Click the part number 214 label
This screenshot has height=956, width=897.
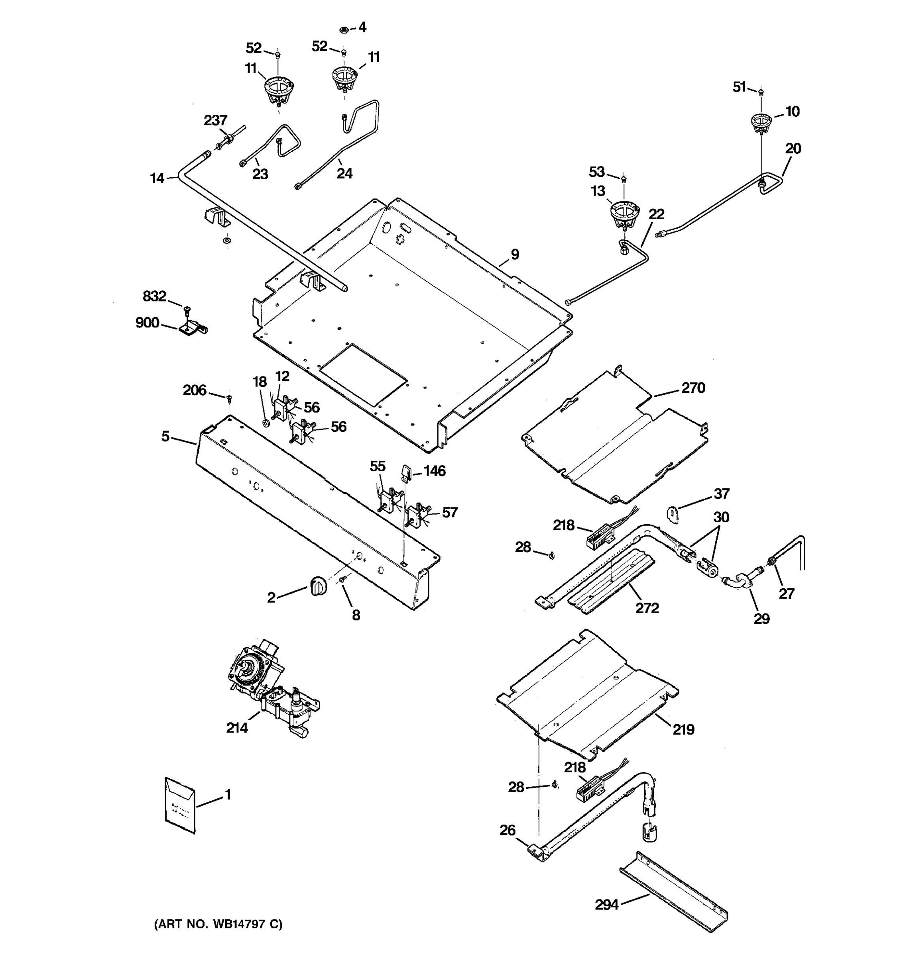tap(237, 728)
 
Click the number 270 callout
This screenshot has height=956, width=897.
tap(693, 388)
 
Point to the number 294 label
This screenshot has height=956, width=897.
tap(606, 905)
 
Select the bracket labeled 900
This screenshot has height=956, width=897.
tap(193, 329)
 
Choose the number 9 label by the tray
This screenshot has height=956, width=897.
tap(514, 255)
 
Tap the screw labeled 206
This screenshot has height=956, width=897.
tap(229, 398)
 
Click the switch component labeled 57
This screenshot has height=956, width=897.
tap(417, 516)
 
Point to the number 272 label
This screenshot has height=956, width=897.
tap(647, 608)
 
